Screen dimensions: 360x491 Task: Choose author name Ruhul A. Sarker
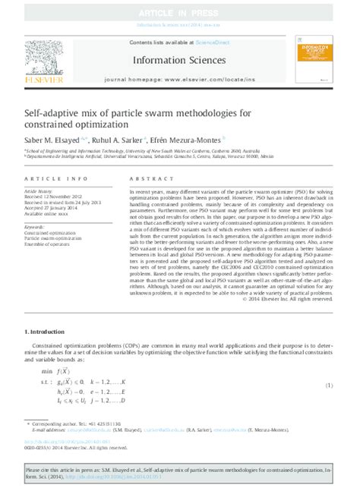[x=115, y=140]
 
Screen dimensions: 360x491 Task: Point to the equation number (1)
[x=329, y=386]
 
